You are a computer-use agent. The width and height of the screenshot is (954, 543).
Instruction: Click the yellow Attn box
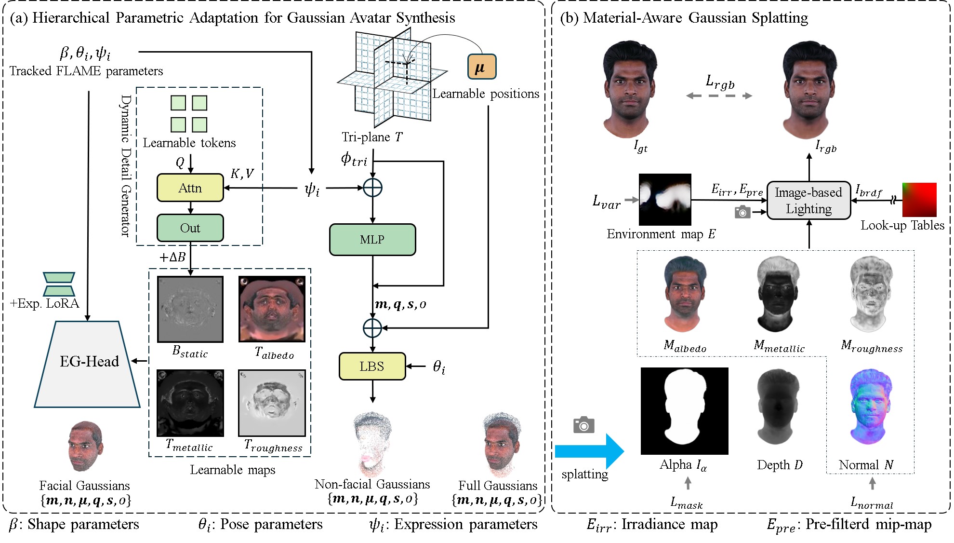(x=190, y=188)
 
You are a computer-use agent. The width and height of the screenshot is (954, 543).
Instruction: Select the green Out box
(x=190, y=228)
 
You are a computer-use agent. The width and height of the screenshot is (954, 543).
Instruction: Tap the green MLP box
(x=372, y=239)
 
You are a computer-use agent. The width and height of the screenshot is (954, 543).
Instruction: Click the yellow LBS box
(x=372, y=367)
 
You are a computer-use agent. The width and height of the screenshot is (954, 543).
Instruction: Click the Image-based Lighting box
(x=808, y=200)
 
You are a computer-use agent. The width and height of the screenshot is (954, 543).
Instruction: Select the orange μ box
(x=481, y=67)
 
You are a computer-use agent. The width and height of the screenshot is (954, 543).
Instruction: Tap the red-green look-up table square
(x=919, y=200)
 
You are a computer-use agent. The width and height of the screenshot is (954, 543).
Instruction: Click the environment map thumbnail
(x=664, y=199)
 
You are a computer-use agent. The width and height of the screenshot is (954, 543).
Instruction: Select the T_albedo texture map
(x=272, y=309)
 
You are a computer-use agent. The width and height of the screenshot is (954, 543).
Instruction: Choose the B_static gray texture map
(x=190, y=309)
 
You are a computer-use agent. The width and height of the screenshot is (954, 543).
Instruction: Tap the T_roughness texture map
(x=272, y=403)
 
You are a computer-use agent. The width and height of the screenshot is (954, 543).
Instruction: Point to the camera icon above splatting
(x=583, y=425)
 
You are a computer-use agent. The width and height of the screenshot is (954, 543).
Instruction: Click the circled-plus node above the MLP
(x=372, y=188)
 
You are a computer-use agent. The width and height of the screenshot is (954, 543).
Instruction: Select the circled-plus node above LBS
(x=372, y=328)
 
